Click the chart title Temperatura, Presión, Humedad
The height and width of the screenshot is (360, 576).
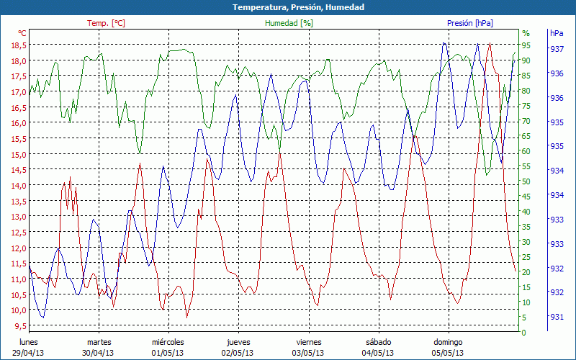[x=288, y=7]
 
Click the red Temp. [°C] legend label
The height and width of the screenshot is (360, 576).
[x=106, y=23]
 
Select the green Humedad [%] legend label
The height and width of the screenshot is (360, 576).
[x=289, y=23]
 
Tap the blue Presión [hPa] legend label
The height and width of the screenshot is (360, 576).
[x=470, y=23]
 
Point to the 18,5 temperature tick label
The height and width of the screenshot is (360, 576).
[x=18, y=45]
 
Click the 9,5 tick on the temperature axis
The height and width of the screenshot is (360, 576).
[x=20, y=325]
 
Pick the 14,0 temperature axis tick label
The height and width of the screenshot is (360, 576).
[x=18, y=185]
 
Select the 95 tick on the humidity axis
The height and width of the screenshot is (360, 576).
[x=526, y=45]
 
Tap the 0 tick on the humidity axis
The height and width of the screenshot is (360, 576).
[x=524, y=333]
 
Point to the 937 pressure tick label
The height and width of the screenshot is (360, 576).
[x=557, y=49]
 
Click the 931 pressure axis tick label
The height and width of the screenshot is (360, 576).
[x=557, y=316]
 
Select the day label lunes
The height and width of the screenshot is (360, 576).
[x=29, y=342]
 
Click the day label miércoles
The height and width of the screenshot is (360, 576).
[x=168, y=342]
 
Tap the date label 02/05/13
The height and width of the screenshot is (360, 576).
[x=238, y=353]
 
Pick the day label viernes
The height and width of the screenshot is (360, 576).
[x=308, y=342]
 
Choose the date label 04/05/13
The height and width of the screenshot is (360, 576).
[x=378, y=353]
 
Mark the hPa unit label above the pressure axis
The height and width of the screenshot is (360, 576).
[x=557, y=33]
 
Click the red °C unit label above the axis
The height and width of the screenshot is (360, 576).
[x=22, y=33]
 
